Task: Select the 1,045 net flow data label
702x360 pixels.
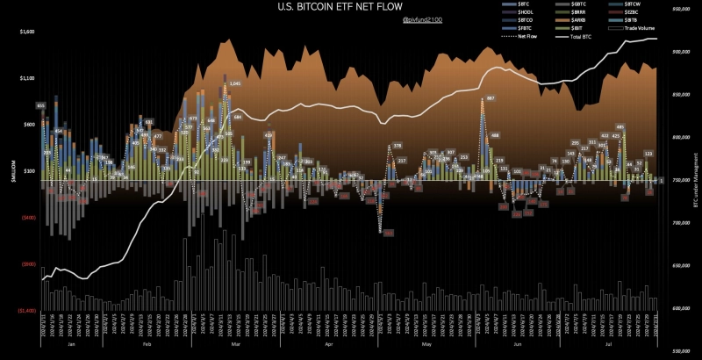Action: coord(234,83)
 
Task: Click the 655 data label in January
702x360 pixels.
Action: coord(41,105)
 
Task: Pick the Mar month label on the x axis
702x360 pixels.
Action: coord(235,345)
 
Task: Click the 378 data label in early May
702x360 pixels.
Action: coord(397,145)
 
